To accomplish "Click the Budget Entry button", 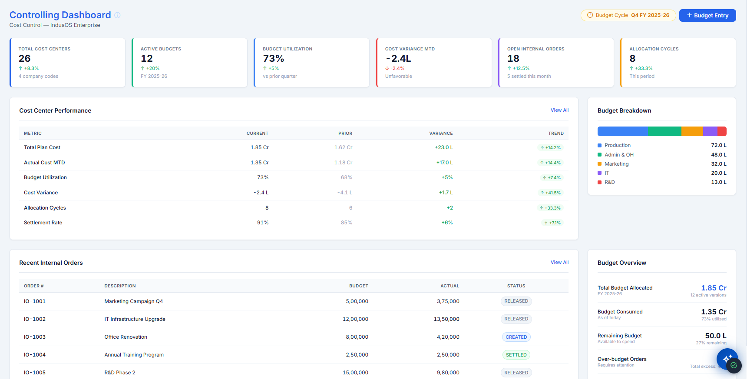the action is [x=707, y=15].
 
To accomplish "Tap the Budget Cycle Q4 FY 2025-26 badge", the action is [x=628, y=15].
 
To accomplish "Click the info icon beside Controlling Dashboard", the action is [x=117, y=15].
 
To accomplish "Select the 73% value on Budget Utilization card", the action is [x=274, y=58].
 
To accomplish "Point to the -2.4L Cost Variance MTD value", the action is [x=398, y=58].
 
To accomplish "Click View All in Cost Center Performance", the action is [x=559, y=110].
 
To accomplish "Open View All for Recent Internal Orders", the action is [x=559, y=263].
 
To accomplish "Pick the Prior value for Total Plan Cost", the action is [x=343, y=147].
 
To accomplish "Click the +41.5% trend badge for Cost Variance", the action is [x=550, y=193].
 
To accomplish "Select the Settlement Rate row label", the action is [x=43, y=223].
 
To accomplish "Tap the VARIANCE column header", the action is [x=441, y=133].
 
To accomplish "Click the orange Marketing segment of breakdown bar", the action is [x=692, y=131].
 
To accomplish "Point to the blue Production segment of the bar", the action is [x=622, y=131].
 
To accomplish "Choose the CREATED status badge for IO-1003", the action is [x=516, y=337].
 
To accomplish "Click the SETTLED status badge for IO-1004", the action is [x=516, y=355].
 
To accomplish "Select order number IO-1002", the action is [x=35, y=319].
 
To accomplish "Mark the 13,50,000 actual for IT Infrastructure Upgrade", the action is [x=446, y=319].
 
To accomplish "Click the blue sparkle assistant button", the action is [x=727, y=359].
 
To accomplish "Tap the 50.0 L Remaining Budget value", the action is [x=716, y=336].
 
